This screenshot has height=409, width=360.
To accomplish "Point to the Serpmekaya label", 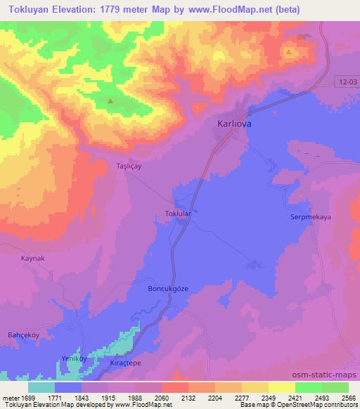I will (310, 218).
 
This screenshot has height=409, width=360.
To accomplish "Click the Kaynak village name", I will (33, 259).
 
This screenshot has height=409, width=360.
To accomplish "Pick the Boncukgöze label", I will (167, 289).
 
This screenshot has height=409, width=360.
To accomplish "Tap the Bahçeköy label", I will (24, 335).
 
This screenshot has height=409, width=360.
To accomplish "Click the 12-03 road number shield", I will (343, 82).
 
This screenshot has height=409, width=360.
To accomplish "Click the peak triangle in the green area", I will (110, 100).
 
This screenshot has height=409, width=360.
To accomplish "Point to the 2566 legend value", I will (349, 397).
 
